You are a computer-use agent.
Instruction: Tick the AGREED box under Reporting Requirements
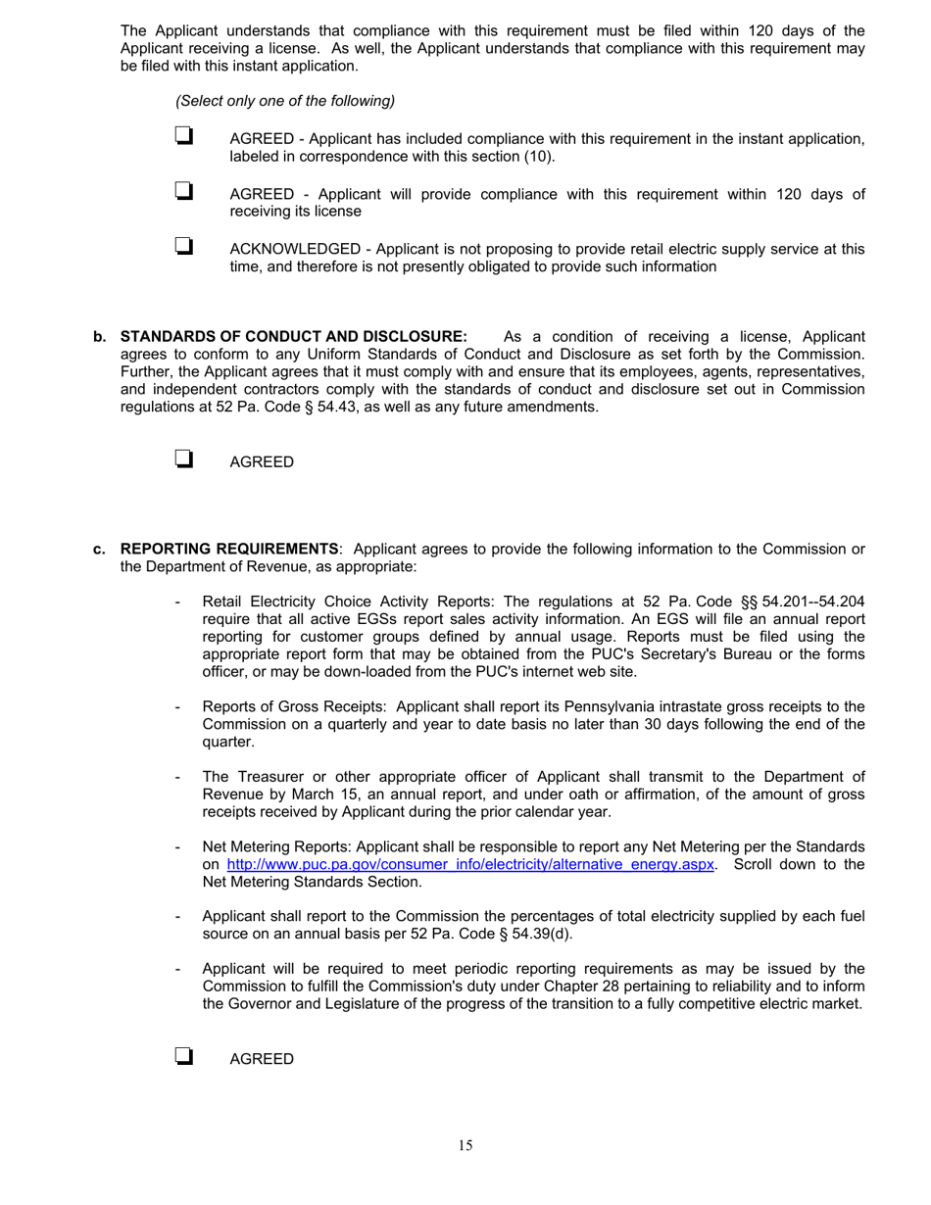[x=182, y=1056]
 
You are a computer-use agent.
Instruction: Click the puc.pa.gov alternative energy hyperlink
[x=470, y=864]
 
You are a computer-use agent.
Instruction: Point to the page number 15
[x=465, y=1146]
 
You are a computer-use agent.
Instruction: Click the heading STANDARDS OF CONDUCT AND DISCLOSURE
[x=293, y=337]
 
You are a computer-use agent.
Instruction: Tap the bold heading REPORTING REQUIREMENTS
[x=229, y=549]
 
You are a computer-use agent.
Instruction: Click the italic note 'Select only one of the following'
[x=285, y=101]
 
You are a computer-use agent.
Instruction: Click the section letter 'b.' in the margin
[x=100, y=337]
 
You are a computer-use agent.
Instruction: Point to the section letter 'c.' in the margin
[x=100, y=549]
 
